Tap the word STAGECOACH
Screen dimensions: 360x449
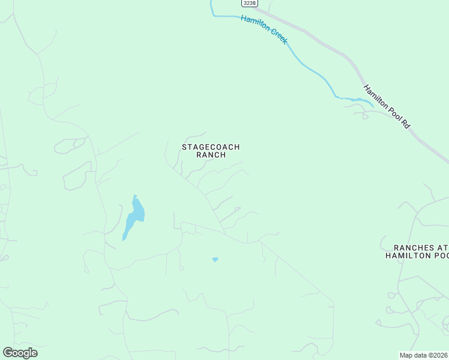pos(211,146)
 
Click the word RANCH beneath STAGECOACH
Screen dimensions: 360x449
pos(211,155)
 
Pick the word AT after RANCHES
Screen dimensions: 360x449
pos(442,247)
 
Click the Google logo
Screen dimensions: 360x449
pos(20,353)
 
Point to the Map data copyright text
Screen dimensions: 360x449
pos(424,355)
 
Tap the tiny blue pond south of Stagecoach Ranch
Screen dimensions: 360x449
pos(215,259)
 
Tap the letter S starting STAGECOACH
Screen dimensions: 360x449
pos(184,146)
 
